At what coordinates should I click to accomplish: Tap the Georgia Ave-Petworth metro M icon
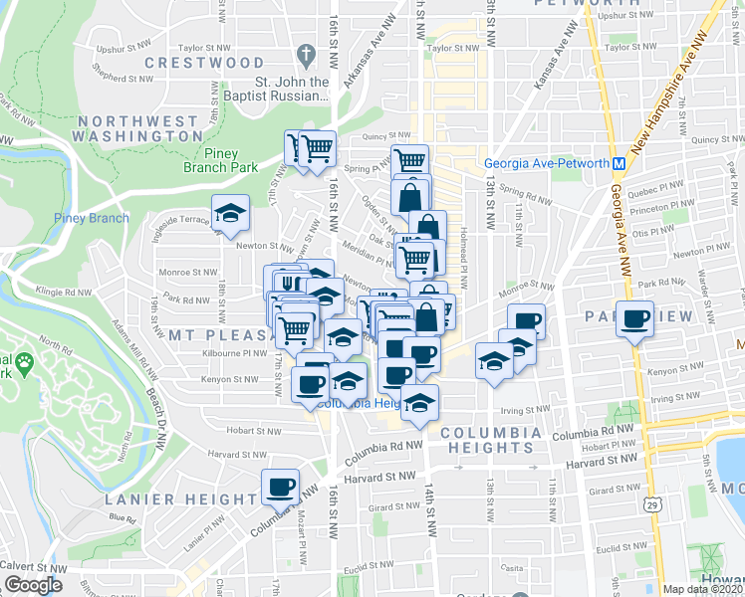click(619, 163)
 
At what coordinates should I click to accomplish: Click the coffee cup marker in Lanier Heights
click(279, 487)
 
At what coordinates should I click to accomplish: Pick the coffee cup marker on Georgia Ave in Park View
click(634, 318)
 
